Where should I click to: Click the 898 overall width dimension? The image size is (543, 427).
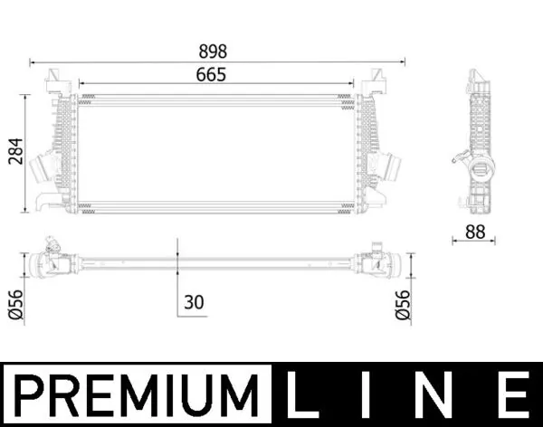(x=217, y=52)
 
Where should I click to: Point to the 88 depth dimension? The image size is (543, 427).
(x=474, y=232)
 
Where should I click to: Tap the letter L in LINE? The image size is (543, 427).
(x=306, y=396)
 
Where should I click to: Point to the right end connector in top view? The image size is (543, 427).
(x=376, y=262)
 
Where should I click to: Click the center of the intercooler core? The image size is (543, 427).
(x=215, y=155)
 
